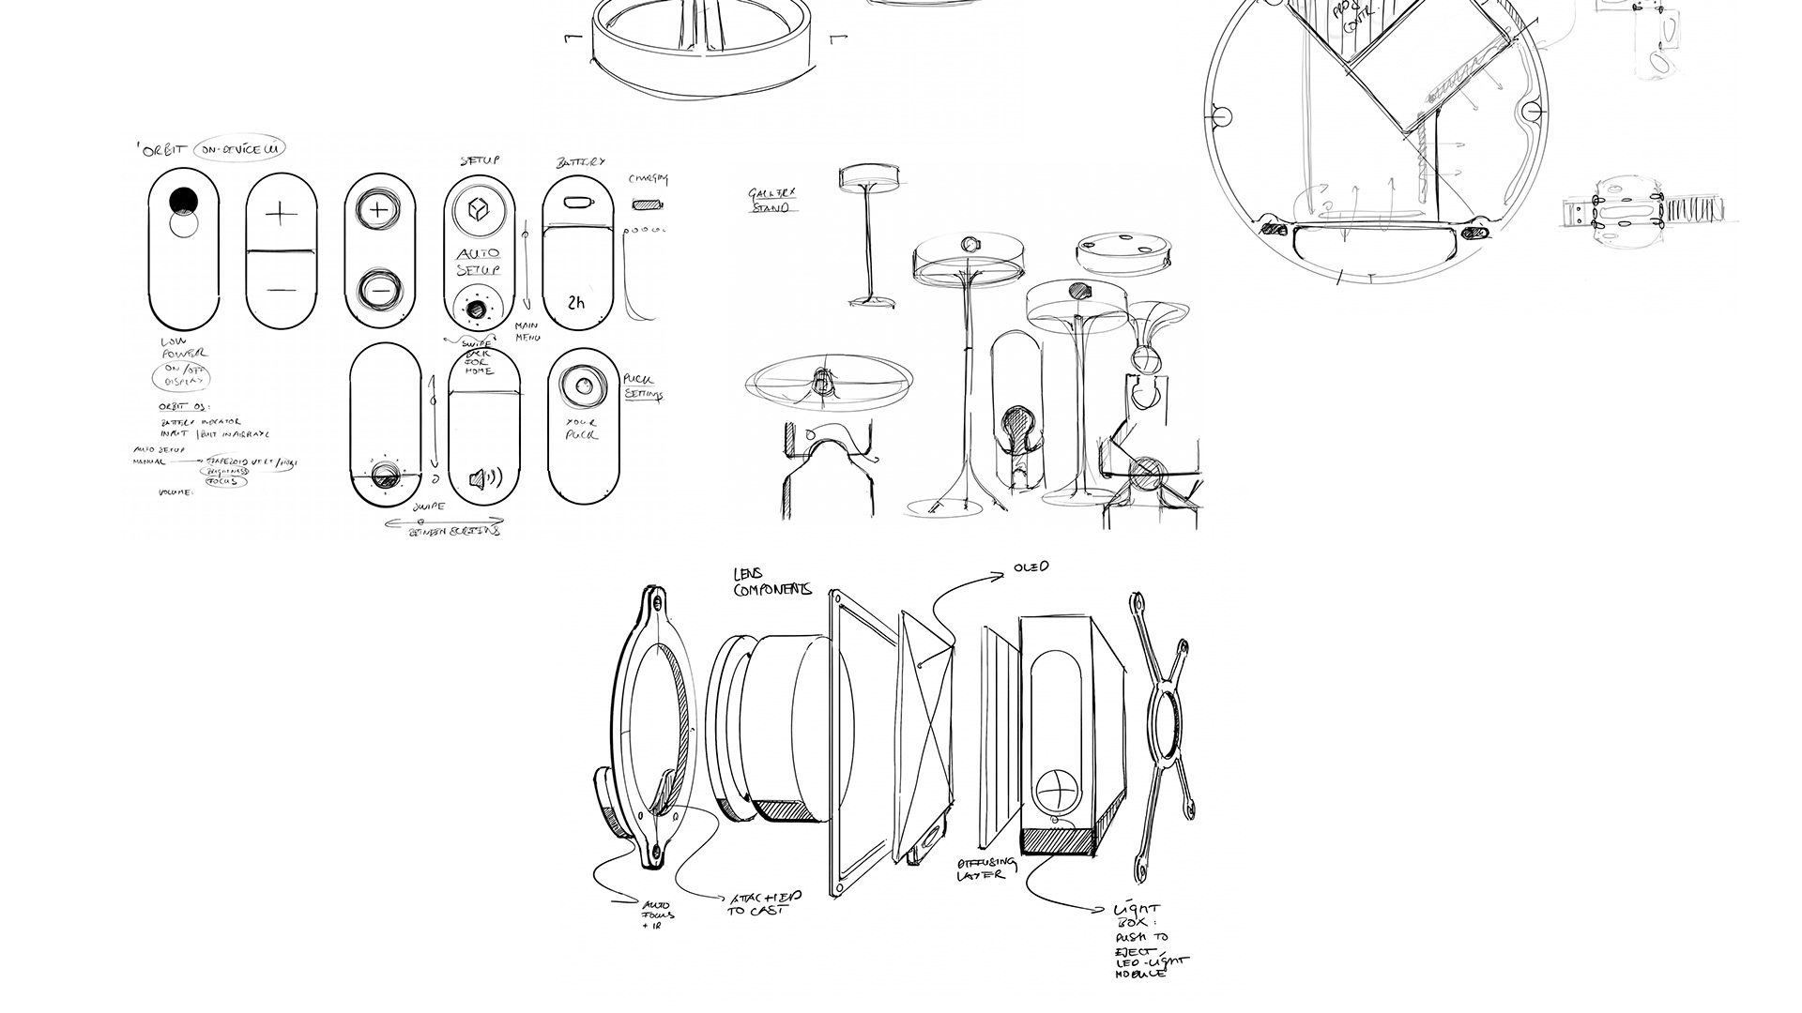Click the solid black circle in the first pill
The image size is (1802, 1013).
click(x=184, y=200)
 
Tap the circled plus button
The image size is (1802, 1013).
click(x=378, y=209)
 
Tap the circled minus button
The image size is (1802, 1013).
click(x=380, y=290)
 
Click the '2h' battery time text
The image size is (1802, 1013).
click(x=576, y=303)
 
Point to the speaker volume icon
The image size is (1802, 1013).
click(x=484, y=479)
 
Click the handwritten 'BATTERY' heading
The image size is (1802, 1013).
click(x=580, y=161)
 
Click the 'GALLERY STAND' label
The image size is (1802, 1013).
click(x=772, y=200)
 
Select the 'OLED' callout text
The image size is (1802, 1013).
click(x=1031, y=567)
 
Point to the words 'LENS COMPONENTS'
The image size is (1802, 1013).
click(x=771, y=582)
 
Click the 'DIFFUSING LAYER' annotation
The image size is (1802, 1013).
click(x=985, y=869)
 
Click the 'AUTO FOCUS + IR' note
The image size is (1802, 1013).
click(x=658, y=915)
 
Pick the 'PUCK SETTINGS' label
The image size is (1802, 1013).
click(x=644, y=386)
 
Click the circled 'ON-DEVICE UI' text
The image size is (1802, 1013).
click(x=238, y=149)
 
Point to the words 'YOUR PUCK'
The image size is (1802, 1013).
click(x=582, y=429)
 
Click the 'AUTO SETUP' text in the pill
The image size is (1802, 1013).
click(x=479, y=261)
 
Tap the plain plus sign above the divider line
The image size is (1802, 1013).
click(x=280, y=215)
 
